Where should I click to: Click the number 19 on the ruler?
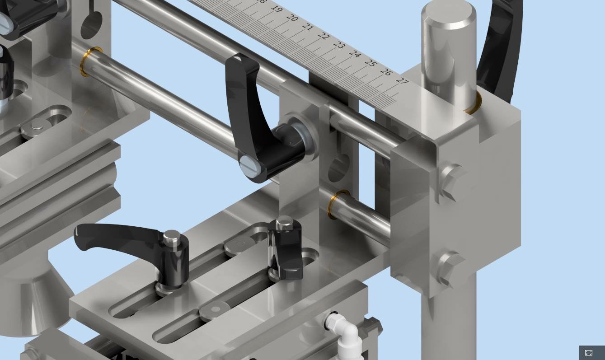click(277, 9)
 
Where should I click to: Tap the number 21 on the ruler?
click(308, 27)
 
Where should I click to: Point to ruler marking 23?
click(339, 45)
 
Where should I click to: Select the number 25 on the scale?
click(371, 63)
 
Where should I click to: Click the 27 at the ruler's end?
click(402, 81)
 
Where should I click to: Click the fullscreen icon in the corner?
click(589, 353)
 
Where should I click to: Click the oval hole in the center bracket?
click(339, 168)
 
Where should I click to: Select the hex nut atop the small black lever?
click(284, 222)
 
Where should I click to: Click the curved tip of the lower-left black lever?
click(82, 237)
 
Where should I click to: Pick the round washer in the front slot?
click(216, 310)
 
